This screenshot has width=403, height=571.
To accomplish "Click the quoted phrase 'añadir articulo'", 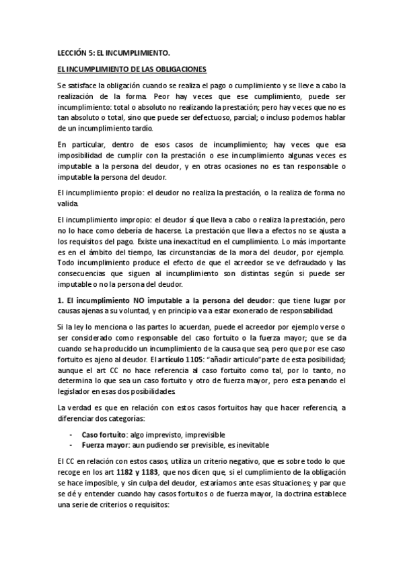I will coord(224,359).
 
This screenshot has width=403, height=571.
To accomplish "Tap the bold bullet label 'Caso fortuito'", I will coord(102,434).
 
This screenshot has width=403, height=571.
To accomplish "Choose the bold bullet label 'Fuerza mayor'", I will coord(102,445).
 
